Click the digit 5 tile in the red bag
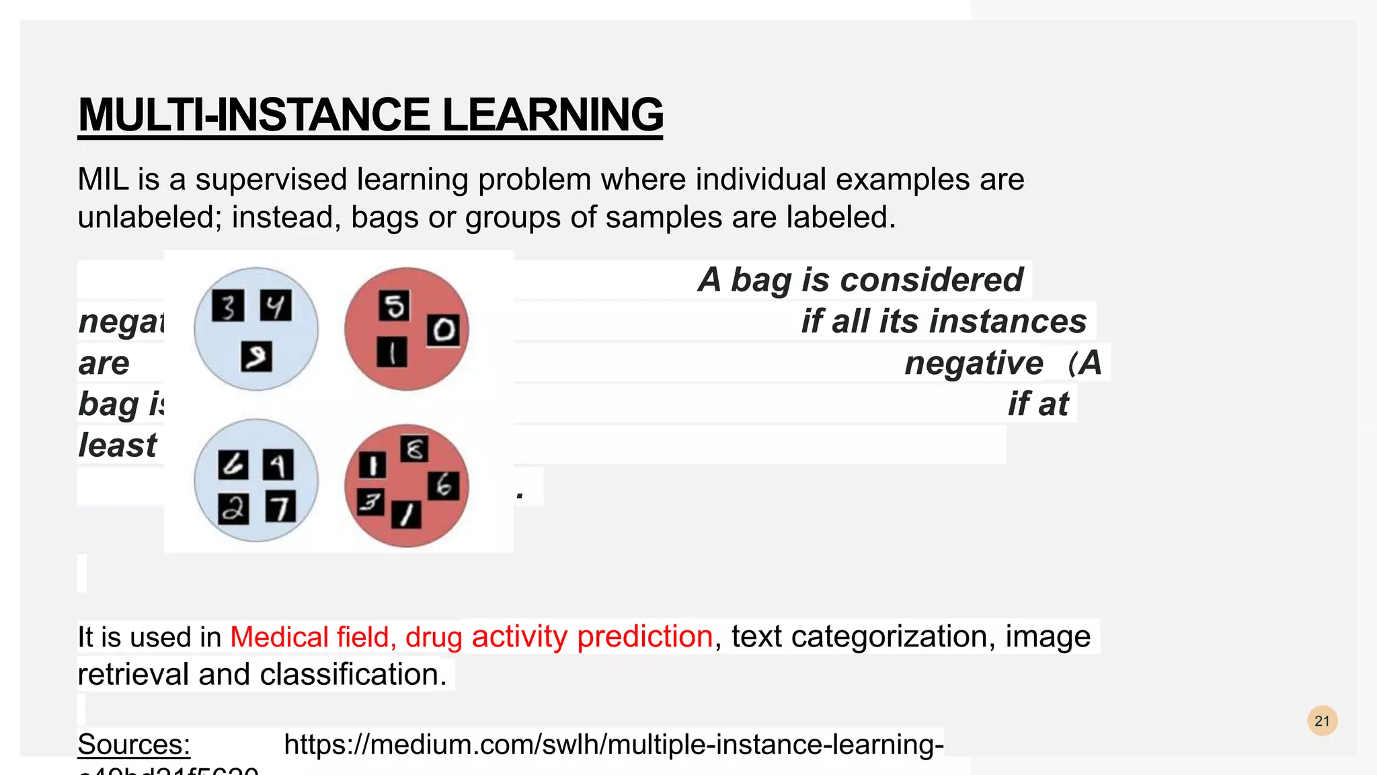[x=394, y=306]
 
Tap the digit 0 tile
[x=443, y=330]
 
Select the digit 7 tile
[x=280, y=507]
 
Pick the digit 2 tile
[x=233, y=509]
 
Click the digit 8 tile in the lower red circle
[x=414, y=449]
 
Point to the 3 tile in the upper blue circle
[x=228, y=307]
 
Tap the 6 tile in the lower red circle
[x=443, y=485]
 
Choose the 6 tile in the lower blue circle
[x=233, y=465]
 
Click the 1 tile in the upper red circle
[x=392, y=351]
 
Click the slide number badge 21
[x=1322, y=721]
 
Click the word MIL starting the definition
[x=103, y=180]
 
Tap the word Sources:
[x=134, y=745]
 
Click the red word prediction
[x=644, y=636]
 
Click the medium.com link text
[x=613, y=745]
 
